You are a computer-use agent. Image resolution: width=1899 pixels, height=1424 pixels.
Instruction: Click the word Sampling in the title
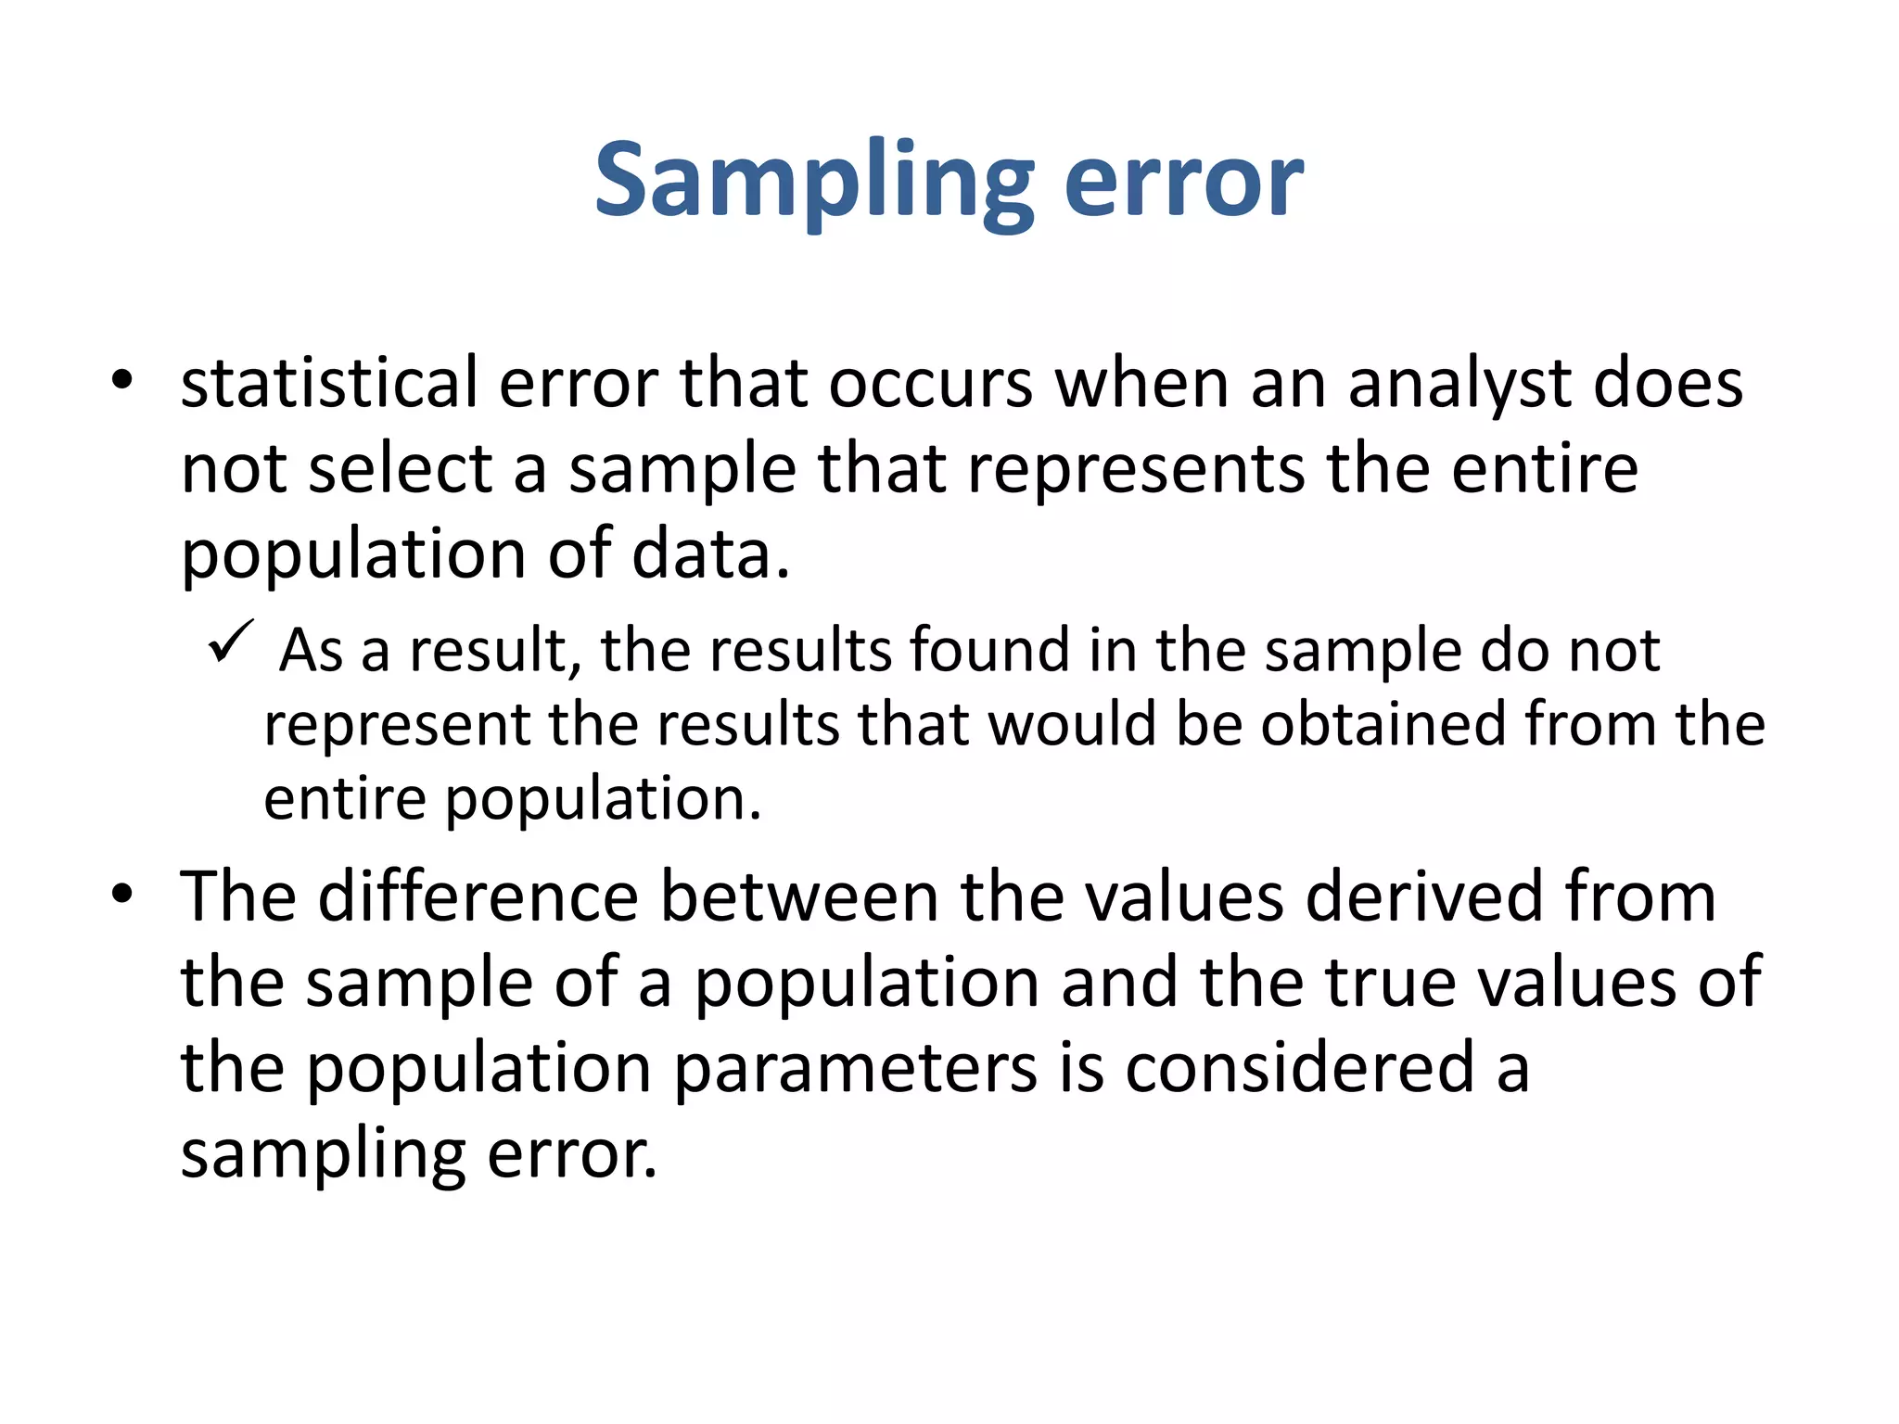click(814, 181)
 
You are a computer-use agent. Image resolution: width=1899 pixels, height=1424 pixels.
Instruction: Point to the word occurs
click(930, 382)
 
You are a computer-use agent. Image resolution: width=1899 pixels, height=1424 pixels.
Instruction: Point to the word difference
click(478, 896)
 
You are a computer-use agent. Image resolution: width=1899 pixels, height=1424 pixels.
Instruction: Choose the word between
click(798, 896)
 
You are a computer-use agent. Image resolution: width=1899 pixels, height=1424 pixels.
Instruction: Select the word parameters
click(854, 1067)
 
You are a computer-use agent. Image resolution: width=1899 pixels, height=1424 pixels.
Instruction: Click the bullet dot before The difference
click(121, 895)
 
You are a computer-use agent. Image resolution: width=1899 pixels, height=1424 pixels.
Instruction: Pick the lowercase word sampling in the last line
click(323, 1154)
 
